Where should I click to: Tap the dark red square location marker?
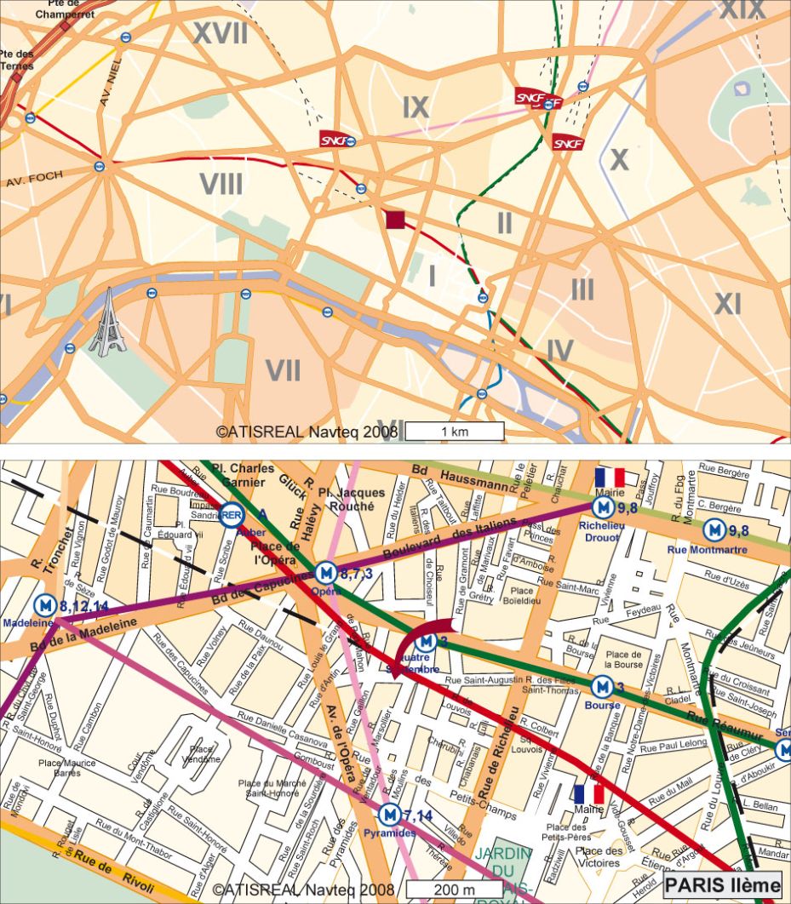[x=394, y=220]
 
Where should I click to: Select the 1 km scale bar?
[x=454, y=432]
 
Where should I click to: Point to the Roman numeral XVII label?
[x=220, y=34]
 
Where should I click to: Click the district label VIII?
[x=221, y=185]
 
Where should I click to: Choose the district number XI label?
[x=727, y=304]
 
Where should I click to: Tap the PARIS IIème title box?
[x=722, y=885]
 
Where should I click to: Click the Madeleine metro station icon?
[x=45, y=604]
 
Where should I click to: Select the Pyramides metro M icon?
[x=389, y=815]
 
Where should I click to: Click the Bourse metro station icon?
[x=602, y=685]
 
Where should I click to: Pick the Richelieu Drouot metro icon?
[x=604, y=507]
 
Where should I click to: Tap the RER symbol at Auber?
[x=232, y=515]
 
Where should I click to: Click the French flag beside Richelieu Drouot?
[x=610, y=478]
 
